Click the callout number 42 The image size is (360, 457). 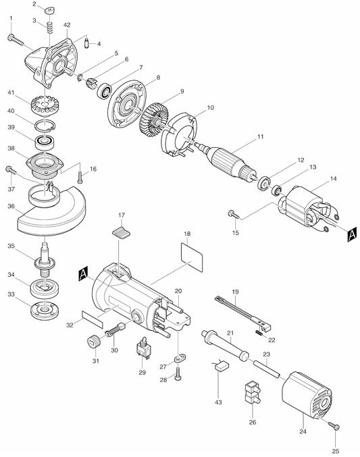67,25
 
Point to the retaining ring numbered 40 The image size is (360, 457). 45,126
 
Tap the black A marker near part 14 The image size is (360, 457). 352,234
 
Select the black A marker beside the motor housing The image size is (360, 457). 84,273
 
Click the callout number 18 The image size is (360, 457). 187,234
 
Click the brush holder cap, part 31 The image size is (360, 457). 94,342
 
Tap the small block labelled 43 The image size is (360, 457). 222,365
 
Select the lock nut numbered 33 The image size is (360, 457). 45,311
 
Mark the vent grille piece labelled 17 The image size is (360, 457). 122,233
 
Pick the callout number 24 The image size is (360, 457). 303,431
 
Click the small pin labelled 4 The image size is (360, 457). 87,43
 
